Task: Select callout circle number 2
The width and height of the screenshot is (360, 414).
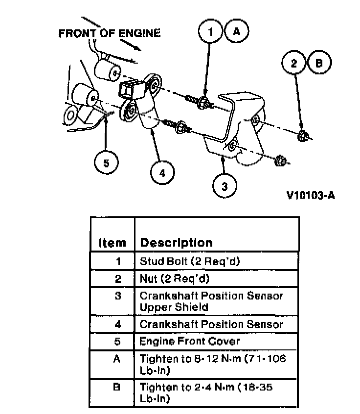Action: (294, 63)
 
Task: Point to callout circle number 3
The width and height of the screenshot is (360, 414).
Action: (225, 185)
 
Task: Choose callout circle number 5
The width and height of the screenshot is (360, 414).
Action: (106, 163)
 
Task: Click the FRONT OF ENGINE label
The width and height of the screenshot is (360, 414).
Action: (109, 34)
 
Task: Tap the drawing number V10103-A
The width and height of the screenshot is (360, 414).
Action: (311, 196)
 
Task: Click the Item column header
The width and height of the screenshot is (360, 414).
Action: (112, 242)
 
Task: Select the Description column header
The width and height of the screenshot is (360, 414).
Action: (176, 242)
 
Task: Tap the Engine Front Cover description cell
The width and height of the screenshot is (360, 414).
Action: (190, 341)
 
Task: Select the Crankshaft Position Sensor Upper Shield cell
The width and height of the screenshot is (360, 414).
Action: (211, 301)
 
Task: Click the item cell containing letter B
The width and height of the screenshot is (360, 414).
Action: (117, 388)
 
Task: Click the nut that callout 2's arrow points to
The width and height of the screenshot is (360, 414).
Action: (302, 136)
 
